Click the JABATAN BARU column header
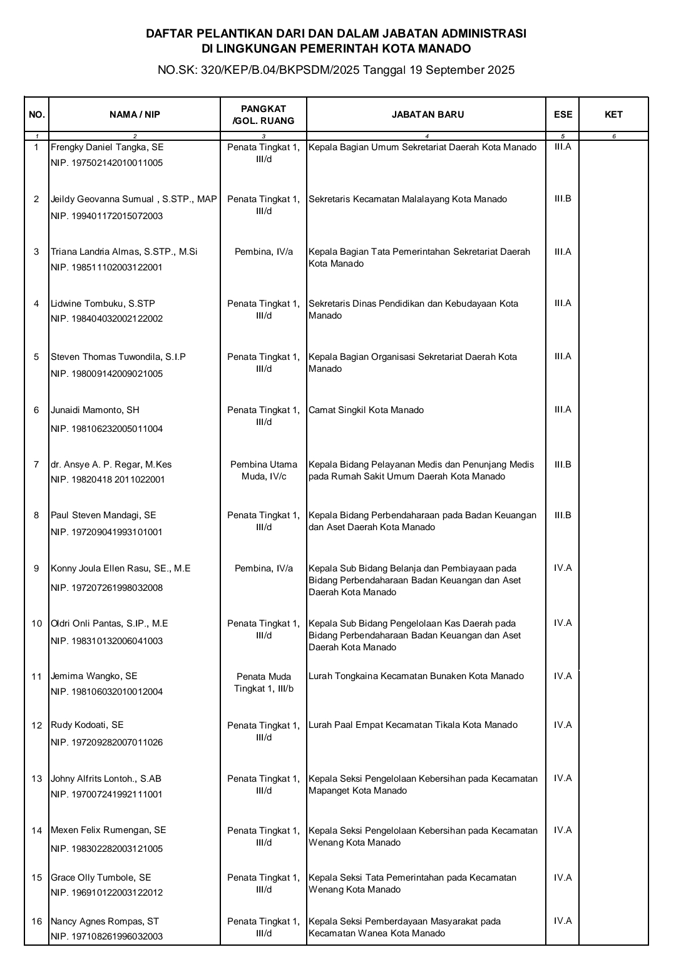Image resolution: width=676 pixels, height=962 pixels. [428, 115]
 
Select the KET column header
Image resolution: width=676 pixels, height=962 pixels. [613, 115]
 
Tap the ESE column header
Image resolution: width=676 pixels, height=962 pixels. [563, 115]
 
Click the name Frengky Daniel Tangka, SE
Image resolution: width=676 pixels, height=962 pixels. [107, 148]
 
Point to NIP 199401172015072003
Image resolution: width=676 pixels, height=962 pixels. [106, 217]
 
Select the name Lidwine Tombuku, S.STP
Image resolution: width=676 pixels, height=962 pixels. [103, 304]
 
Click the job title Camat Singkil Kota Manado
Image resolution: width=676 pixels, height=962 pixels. [366, 411]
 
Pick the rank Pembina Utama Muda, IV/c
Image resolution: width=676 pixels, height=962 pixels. [264, 471]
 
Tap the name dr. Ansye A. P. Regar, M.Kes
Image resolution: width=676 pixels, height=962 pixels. [111, 464]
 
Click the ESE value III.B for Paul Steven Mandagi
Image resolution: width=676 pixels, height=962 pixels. [563, 515]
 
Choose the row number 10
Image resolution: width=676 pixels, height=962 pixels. [37, 623]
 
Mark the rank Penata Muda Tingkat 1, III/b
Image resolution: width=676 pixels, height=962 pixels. [264, 683]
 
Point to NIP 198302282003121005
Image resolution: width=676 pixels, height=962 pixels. [106, 849]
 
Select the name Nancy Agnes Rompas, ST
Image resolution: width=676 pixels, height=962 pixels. [105, 921]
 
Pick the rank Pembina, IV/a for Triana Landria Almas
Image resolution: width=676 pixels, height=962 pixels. [264, 252]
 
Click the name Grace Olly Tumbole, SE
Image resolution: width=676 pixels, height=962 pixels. [101, 878]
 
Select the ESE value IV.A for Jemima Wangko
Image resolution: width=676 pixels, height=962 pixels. [563, 676]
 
